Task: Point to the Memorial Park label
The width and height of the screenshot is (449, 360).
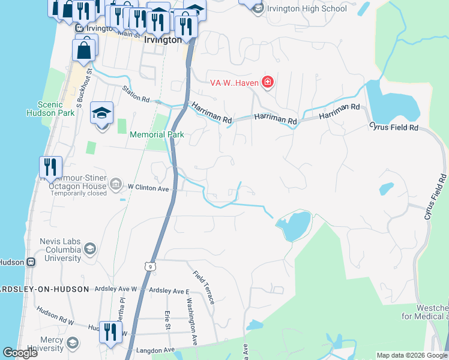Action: (x=157, y=135)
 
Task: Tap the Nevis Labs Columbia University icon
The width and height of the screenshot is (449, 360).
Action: (x=90, y=249)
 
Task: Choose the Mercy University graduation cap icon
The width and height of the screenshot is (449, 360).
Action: (x=72, y=343)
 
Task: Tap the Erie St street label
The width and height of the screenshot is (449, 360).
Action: (x=168, y=320)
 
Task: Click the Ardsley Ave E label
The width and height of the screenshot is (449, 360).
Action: (x=169, y=290)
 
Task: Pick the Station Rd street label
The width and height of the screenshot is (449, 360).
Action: (x=135, y=94)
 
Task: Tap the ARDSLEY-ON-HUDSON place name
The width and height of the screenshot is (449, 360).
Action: (x=44, y=289)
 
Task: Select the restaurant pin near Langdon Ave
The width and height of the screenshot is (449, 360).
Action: (x=110, y=331)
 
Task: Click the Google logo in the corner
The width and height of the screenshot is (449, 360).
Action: (x=20, y=353)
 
